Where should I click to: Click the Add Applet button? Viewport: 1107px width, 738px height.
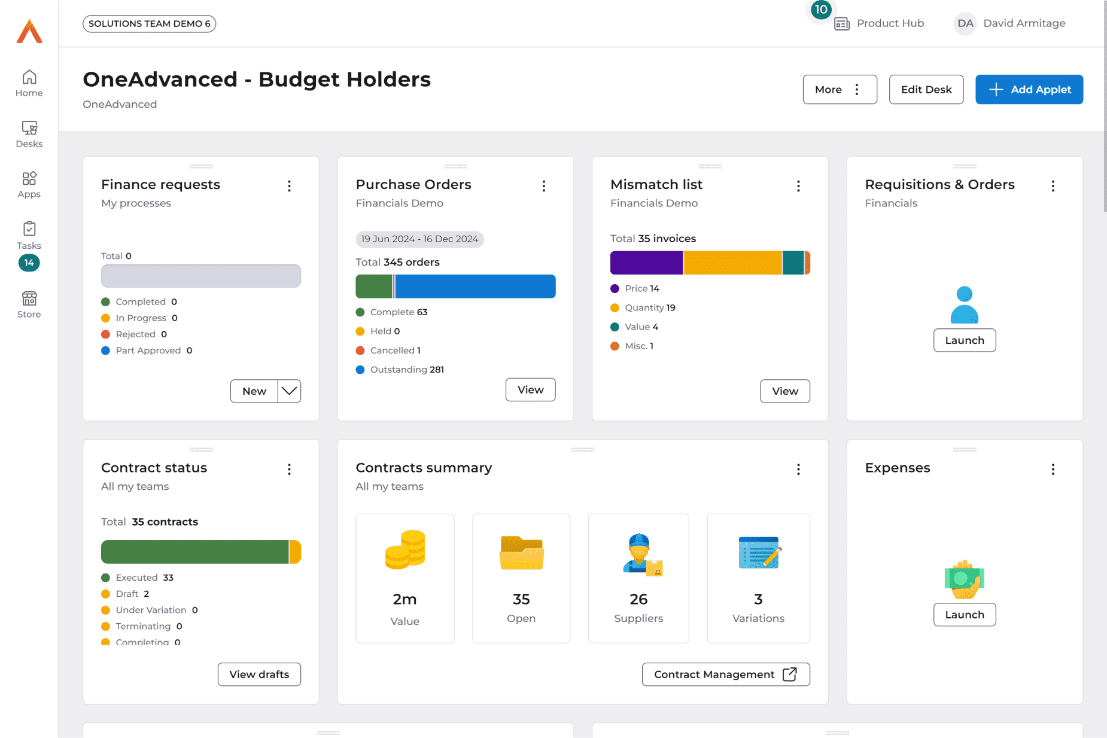[x=1029, y=90]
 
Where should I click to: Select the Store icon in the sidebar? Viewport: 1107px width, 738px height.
[x=29, y=304]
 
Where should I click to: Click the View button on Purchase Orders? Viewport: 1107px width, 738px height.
[x=530, y=390]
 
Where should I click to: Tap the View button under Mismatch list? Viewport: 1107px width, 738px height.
[x=784, y=391]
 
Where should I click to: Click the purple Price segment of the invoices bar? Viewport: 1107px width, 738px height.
[x=646, y=263]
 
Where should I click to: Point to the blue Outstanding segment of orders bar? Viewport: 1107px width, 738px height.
[x=475, y=286]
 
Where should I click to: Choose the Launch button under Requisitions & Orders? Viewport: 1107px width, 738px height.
[x=964, y=340]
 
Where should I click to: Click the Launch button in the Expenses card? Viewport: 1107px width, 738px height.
[x=964, y=615]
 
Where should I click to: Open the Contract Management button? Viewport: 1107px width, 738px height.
[x=725, y=675]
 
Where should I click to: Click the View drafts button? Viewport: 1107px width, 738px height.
[x=259, y=675]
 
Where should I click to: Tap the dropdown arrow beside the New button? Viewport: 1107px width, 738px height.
[x=289, y=391]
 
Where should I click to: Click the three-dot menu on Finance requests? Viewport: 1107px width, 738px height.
[x=289, y=186]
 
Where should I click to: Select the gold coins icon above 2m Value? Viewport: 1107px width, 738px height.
[x=405, y=550]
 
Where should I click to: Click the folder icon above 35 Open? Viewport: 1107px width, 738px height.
[x=521, y=553]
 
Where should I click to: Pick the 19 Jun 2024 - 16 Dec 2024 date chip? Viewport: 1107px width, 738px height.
[x=419, y=239]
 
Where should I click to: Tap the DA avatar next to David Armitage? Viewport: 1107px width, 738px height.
[x=965, y=23]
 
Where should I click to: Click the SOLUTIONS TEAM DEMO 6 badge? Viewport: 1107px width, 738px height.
[x=149, y=24]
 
